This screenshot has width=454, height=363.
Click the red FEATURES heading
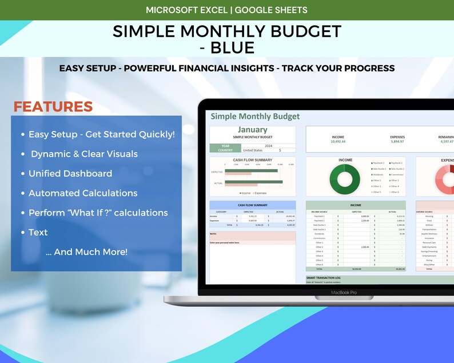tap(53, 107)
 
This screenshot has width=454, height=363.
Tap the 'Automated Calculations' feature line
tap(83, 193)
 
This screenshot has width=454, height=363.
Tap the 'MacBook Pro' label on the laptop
tap(343, 292)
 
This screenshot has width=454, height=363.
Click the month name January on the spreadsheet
tap(252, 130)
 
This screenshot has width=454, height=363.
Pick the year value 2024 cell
tap(269, 146)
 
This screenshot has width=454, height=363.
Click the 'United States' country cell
tap(253, 150)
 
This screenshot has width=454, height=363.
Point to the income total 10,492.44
tap(338, 142)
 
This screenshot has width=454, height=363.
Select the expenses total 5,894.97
tap(397, 142)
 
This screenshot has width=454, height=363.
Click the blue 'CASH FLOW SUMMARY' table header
tap(252, 205)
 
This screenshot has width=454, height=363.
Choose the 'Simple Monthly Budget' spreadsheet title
tap(255, 117)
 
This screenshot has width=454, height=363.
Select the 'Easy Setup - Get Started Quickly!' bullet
tap(101, 134)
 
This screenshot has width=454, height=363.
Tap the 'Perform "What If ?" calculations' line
tap(98, 213)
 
